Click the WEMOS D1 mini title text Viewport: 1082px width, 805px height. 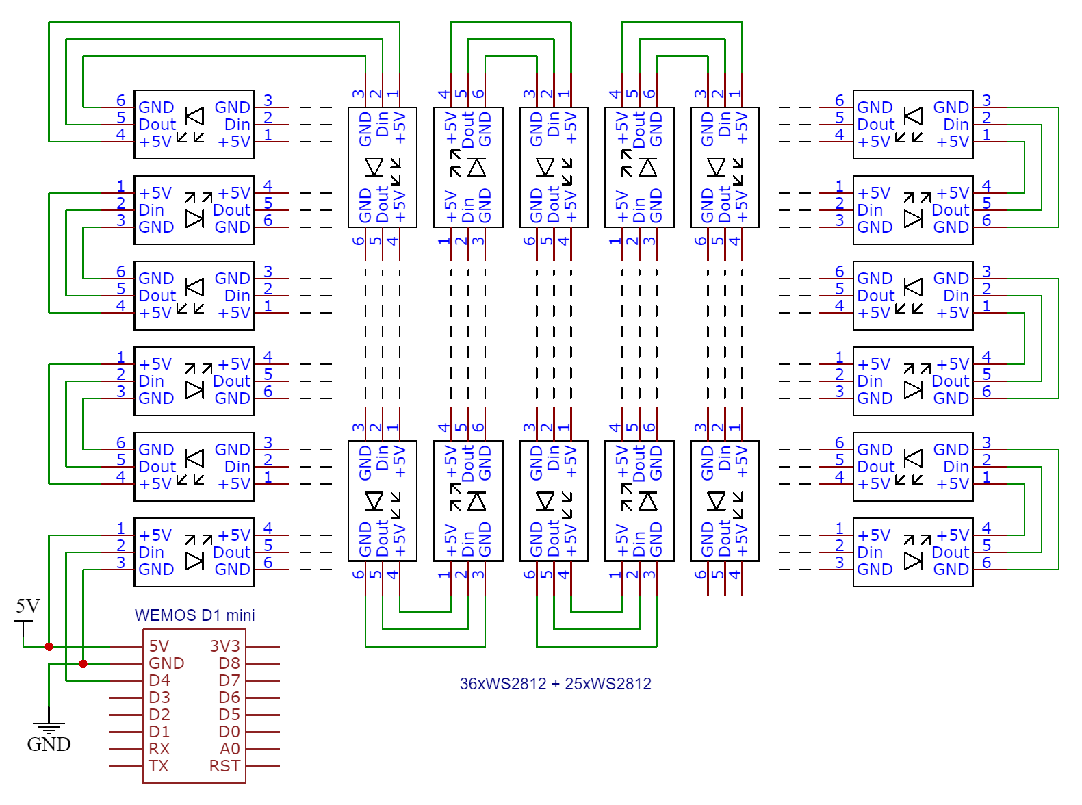tap(194, 615)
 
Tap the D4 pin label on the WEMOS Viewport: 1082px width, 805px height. tap(159, 680)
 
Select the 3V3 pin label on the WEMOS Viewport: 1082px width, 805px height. tap(224, 646)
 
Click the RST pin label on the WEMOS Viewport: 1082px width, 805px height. tap(224, 766)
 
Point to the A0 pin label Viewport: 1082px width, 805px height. tap(230, 749)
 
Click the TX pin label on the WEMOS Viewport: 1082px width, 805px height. tap(159, 766)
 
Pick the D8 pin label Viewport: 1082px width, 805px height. tap(229, 663)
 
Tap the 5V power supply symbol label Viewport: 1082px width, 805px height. tap(28, 606)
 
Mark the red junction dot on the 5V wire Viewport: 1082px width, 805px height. tap(49, 646)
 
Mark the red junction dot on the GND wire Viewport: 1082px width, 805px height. tap(83, 663)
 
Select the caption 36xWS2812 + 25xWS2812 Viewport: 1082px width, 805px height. tap(555, 684)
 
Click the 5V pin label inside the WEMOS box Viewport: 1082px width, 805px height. tap(159, 646)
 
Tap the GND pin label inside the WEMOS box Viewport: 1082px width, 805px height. tap(166, 663)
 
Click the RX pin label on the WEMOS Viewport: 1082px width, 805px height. tap(159, 749)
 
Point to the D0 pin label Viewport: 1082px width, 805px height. tap(229, 732)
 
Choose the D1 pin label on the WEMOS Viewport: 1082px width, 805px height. tap(159, 732)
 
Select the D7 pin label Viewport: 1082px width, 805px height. tap(229, 680)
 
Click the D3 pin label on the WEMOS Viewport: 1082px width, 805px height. tap(159, 698)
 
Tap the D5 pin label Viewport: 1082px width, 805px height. tap(229, 715)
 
